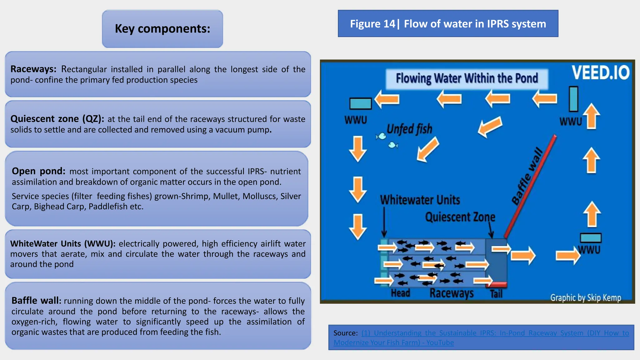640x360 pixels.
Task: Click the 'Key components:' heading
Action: click(x=162, y=29)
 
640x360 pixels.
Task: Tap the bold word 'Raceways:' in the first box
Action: click(x=33, y=69)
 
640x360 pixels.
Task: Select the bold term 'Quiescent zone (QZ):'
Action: click(x=57, y=119)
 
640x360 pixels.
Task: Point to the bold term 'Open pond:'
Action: click(x=38, y=171)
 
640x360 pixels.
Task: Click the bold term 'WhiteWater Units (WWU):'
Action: click(x=63, y=243)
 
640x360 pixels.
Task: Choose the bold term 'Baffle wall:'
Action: click(x=36, y=301)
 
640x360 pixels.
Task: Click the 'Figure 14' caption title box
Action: click(x=448, y=24)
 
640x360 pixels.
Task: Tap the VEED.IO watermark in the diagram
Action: click(x=600, y=73)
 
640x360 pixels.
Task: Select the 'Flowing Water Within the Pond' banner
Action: click(x=467, y=78)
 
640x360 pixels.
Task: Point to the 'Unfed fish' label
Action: click(x=409, y=129)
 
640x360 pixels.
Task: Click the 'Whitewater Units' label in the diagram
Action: click(x=420, y=200)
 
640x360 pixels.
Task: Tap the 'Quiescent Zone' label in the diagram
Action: click(x=460, y=217)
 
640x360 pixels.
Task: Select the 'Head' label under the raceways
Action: click(x=400, y=293)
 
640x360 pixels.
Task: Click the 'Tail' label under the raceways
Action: click(x=496, y=294)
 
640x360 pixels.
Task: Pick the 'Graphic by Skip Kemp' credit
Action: click(x=586, y=297)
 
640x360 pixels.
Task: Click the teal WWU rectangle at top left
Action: click(x=360, y=103)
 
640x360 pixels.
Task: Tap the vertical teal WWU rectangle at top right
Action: click(x=573, y=99)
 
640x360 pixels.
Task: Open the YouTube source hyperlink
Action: click(x=481, y=337)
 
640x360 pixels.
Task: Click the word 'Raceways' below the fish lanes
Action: click(x=452, y=293)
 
